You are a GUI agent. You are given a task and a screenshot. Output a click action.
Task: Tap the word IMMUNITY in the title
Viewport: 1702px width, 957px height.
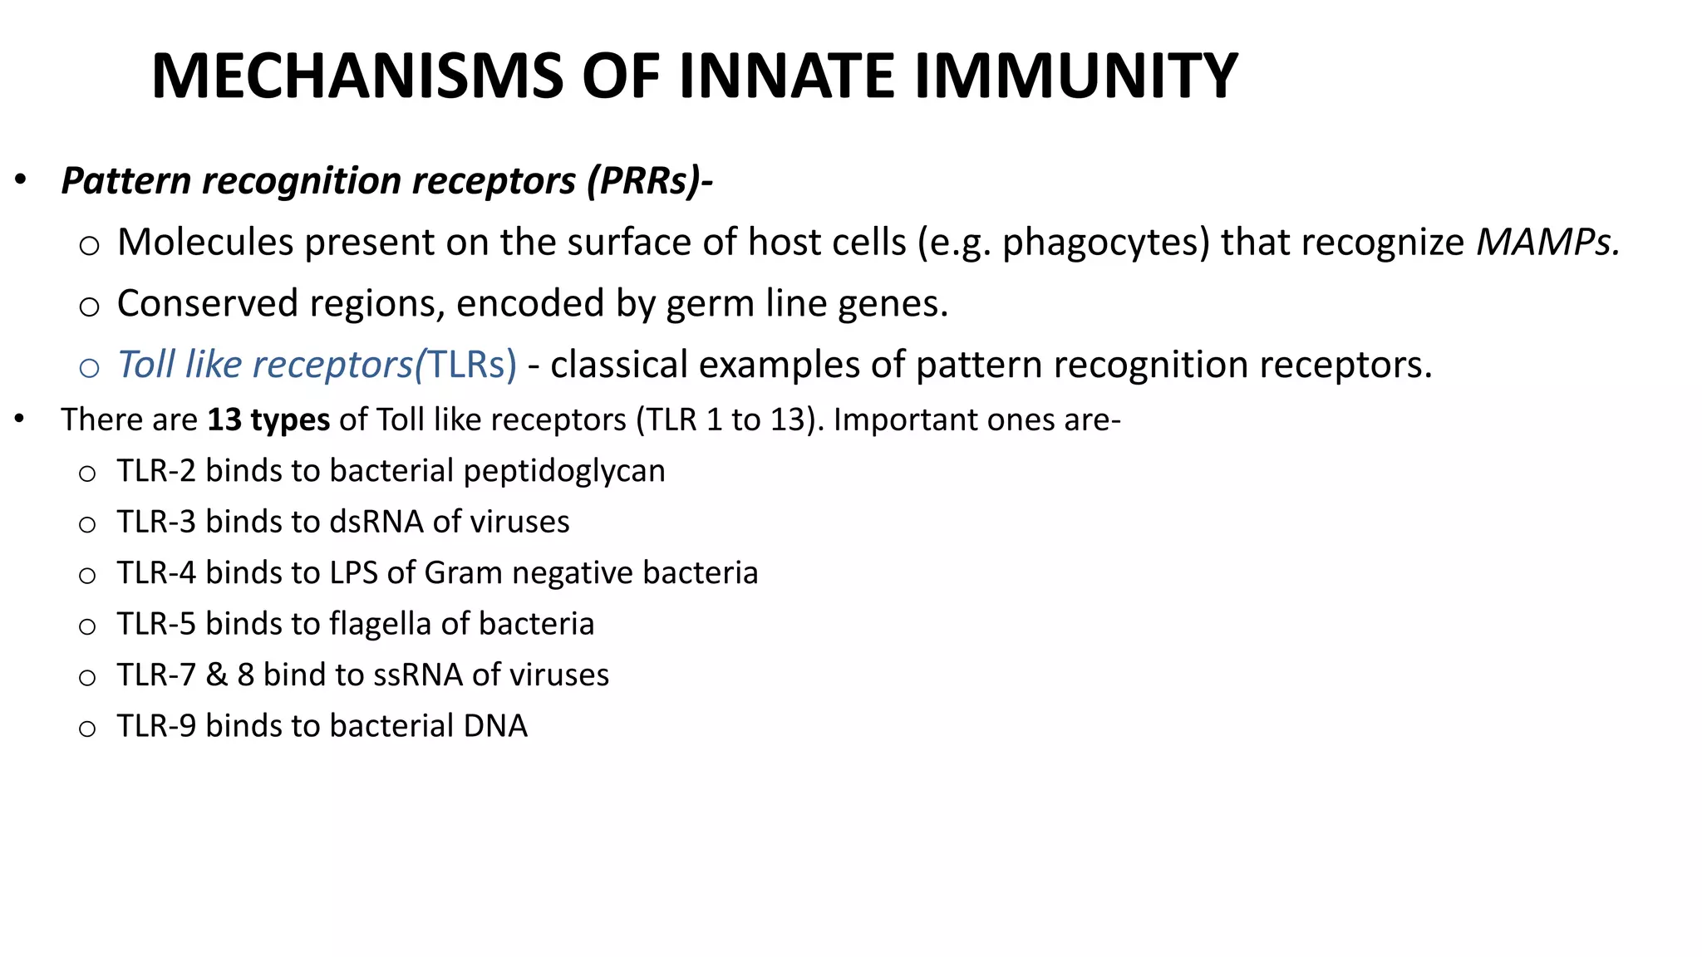1076,76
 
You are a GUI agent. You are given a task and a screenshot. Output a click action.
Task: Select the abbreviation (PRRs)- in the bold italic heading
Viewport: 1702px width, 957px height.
649,181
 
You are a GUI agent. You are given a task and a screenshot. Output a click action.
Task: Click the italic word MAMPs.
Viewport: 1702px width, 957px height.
1547,243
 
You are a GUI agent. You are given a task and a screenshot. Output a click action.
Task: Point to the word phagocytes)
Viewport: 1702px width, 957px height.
1106,243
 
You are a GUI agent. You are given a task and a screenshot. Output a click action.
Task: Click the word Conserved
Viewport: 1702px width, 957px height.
207,303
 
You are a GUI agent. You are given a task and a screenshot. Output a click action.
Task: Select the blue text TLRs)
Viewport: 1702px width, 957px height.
471,365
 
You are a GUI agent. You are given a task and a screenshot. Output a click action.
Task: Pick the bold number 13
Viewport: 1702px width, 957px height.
224,420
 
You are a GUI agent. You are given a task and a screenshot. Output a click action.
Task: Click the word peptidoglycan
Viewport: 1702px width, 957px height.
564,471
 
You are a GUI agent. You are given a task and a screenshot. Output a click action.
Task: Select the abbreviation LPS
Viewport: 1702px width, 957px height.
354,573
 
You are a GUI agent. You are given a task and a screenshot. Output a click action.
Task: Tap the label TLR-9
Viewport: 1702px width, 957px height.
156,726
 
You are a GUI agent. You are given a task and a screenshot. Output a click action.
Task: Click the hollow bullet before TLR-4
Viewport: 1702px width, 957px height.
87,576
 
